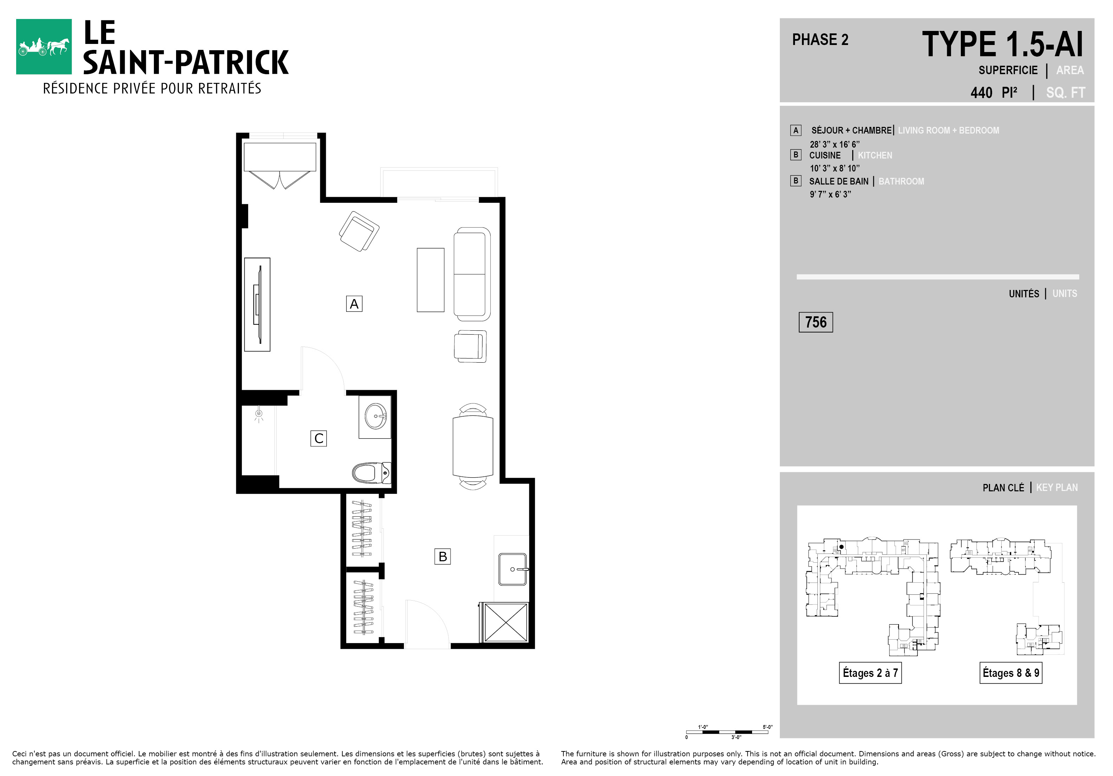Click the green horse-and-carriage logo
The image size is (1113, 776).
(x=44, y=46)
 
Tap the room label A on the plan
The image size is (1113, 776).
(x=354, y=304)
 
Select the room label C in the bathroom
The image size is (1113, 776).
(x=318, y=438)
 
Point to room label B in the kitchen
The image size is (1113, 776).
(x=442, y=556)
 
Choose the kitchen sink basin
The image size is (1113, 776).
(x=513, y=569)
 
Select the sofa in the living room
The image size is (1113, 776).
(x=472, y=274)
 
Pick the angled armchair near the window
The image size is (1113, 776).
(x=359, y=231)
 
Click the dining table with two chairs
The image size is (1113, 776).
(x=473, y=446)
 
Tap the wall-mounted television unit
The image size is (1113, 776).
(x=257, y=304)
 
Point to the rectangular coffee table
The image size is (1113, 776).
(x=431, y=280)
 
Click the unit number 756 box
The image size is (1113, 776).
(x=816, y=322)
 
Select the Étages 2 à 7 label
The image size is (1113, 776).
(x=870, y=673)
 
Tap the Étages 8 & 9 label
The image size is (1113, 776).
(x=1011, y=673)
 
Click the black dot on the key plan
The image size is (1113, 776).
(x=842, y=547)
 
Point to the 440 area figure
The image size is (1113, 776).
(x=981, y=92)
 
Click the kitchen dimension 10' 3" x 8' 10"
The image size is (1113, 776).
(x=835, y=168)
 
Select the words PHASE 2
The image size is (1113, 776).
(x=820, y=40)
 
